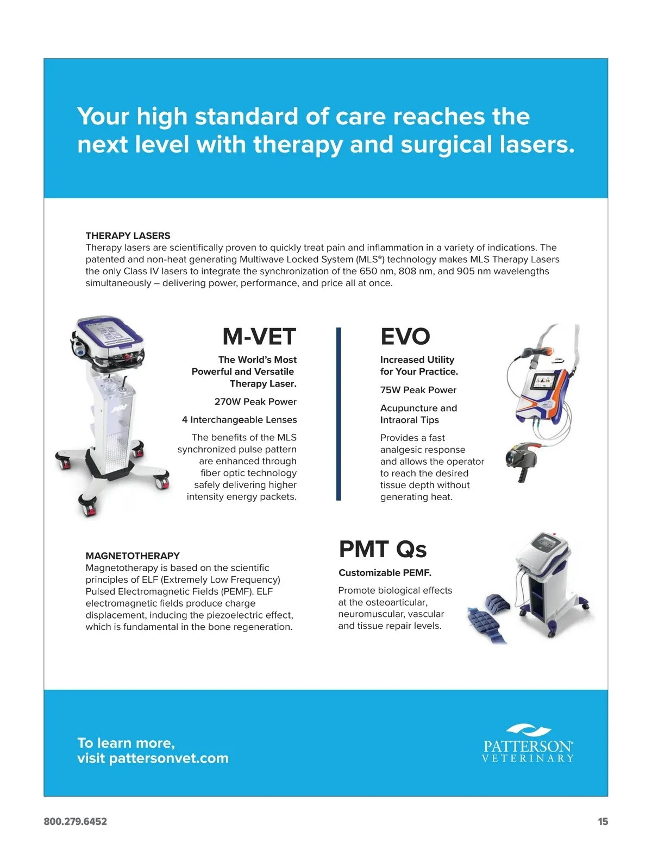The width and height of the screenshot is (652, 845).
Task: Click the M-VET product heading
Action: point(259,336)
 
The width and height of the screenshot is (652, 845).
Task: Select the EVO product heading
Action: point(405,336)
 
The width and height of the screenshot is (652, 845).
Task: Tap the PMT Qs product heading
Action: point(383,549)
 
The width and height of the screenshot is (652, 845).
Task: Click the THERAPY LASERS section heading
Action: point(128,236)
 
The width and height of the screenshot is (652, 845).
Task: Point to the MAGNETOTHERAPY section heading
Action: point(133,556)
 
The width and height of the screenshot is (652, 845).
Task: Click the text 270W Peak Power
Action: point(255,402)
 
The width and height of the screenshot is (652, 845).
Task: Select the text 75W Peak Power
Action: point(418,390)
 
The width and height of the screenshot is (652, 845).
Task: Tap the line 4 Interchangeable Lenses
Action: point(239,420)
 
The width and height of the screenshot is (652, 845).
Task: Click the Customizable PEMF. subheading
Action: point(385,573)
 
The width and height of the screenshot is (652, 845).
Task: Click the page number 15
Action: point(603,822)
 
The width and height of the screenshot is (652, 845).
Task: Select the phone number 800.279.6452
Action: point(75,822)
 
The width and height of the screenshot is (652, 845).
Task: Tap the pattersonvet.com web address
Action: point(169,758)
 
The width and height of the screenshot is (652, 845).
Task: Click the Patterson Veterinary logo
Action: point(528,743)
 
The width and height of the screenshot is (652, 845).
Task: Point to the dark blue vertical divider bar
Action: point(338,414)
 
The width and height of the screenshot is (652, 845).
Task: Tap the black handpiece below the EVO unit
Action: point(522,462)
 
